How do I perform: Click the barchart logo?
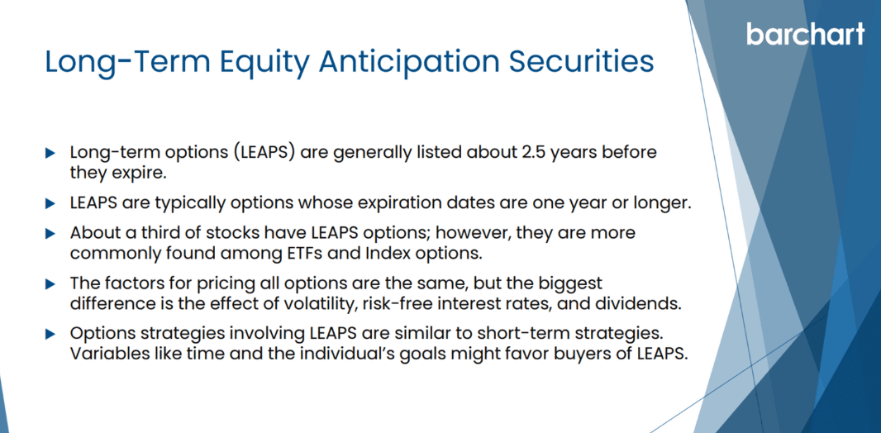pyautogui.click(x=806, y=34)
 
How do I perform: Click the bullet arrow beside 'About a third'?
pyautogui.click(x=50, y=234)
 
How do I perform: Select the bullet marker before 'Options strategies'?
pyautogui.click(x=50, y=335)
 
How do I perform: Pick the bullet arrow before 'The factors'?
pyautogui.click(x=50, y=284)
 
